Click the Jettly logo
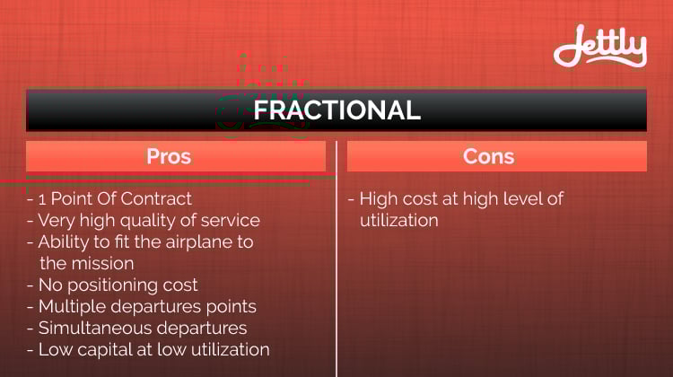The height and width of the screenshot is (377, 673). (x=600, y=46)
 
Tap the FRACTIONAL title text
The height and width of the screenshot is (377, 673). (x=336, y=110)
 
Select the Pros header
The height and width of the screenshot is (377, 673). (x=169, y=156)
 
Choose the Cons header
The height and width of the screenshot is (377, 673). (x=488, y=156)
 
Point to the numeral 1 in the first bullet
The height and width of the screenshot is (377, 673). (x=42, y=199)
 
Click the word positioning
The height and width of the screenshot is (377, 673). (x=111, y=286)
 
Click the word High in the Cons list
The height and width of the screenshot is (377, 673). (x=378, y=199)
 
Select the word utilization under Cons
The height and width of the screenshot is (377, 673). (x=399, y=221)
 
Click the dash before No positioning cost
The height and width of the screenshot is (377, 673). (x=30, y=286)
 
